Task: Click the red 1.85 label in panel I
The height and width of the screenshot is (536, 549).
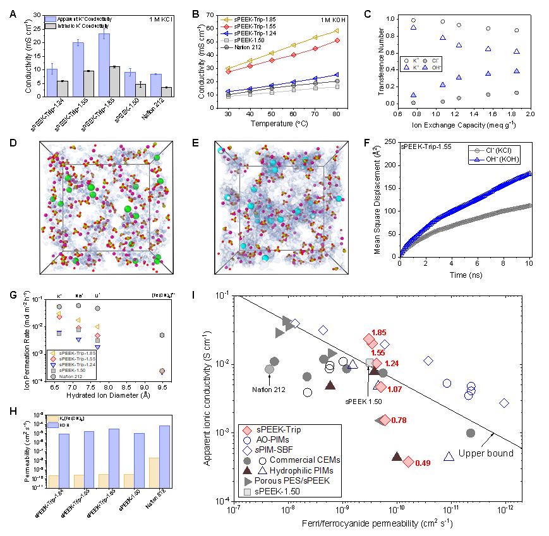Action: pos(380,332)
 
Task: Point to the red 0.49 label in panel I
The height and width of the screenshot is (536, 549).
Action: pos(423,463)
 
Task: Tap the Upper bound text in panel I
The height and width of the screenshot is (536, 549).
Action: pos(480,453)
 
